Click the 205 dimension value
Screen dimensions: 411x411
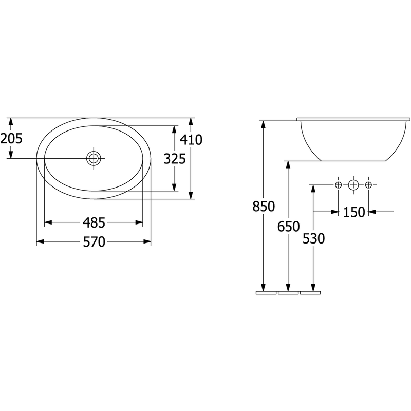[11, 138]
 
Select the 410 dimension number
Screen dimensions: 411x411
[191, 140]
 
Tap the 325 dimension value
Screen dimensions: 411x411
[175, 159]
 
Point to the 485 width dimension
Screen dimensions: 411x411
[94, 223]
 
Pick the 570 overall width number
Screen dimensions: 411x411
[94, 241]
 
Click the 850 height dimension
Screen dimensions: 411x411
[264, 206]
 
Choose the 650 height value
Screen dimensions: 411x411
[288, 227]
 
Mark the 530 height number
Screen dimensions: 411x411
[313, 238]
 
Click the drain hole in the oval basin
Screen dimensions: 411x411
[94, 158]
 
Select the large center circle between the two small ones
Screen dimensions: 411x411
[353, 185]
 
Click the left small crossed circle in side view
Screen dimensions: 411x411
[339, 185]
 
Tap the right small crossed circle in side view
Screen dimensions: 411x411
[368, 185]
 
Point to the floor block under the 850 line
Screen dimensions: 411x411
[266, 292]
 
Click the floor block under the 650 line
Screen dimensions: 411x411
[288, 292]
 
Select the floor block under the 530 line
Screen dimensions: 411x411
[310, 292]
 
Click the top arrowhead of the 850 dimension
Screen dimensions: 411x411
[264, 124]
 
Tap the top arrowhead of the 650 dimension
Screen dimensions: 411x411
[288, 164]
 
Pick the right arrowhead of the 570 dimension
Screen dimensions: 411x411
[147, 241]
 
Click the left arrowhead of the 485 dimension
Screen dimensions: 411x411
[48, 223]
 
